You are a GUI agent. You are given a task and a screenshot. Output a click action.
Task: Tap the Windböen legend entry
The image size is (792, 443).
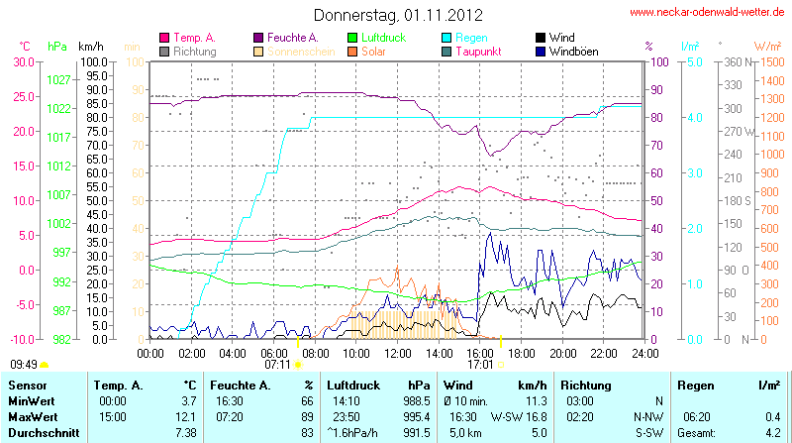[571, 51]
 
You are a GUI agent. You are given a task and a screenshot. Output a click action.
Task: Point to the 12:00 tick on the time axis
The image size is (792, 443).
[398, 352]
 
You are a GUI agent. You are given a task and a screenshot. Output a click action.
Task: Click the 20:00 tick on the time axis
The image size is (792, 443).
[563, 352]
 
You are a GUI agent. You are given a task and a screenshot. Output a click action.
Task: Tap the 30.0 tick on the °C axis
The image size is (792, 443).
[23, 61]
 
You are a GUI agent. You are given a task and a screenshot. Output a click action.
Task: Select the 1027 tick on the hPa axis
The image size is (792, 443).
[59, 79]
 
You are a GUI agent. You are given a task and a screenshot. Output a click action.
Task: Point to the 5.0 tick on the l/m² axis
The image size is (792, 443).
[695, 61]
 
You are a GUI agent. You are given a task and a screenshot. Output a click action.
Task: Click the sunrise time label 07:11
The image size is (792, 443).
[277, 365]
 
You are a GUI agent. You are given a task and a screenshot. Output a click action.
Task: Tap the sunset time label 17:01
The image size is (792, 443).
[481, 365]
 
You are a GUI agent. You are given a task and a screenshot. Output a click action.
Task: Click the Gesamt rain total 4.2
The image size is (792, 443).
[771, 433]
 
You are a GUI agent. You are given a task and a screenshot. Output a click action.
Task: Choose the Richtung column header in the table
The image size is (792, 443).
[586, 384]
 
